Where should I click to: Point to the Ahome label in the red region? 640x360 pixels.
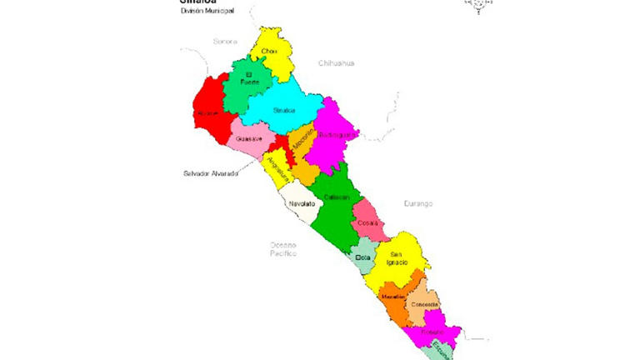click(x=207, y=112)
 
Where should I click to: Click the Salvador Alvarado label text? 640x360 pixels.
click(x=210, y=173)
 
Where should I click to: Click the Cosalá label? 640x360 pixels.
click(x=367, y=223)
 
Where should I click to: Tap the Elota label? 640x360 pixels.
click(x=362, y=258)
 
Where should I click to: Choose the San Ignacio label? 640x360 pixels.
click(x=398, y=257)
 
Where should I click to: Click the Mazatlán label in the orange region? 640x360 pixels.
click(x=392, y=297)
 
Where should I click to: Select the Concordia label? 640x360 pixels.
click(x=422, y=305)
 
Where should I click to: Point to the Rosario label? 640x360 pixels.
click(x=431, y=332)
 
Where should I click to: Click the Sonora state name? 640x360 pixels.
click(x=225, y=41)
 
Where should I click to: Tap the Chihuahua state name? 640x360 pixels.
click(x=336, y=63)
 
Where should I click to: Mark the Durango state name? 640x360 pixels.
click(x=419, y=203)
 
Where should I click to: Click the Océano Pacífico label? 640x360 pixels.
click(x=283, y=247)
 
